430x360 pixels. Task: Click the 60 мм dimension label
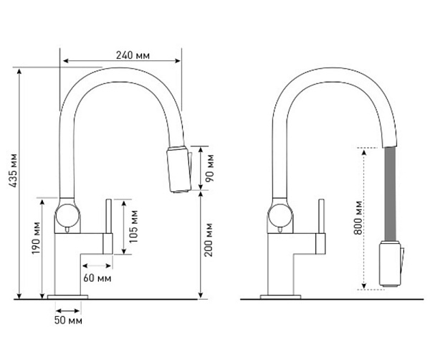96,277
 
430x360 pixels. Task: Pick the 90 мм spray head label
209,167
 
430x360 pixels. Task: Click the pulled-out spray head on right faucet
388,265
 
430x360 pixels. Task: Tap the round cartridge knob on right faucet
277,214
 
